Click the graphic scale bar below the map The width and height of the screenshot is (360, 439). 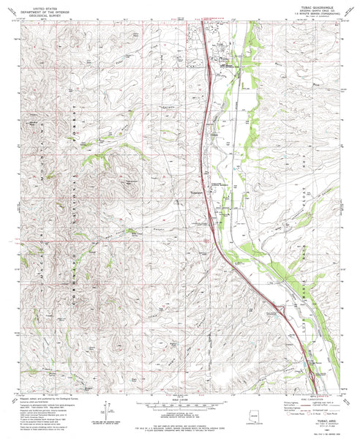(x=180, y=405)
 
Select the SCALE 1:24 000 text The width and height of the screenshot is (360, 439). (x=180, y=399)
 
